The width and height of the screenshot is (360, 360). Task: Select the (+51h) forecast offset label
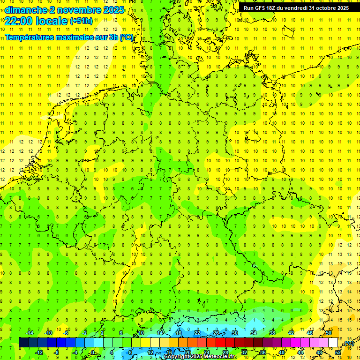tap(81, 21)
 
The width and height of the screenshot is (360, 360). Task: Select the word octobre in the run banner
tap(321, 8)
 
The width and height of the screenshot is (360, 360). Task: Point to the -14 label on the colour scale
tap(30, 333)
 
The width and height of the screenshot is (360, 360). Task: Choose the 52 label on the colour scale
tap(338, 352)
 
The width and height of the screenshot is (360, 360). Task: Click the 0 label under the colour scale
tap(93, 352)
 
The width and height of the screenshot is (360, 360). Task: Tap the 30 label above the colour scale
tap(234, 333)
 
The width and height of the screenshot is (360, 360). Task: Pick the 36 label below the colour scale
tap(262, 352)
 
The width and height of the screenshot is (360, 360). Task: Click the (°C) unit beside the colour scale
tap(348, 343)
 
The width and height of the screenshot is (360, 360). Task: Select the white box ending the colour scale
tap(333, 342)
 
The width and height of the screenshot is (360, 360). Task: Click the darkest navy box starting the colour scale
tap(23, 342)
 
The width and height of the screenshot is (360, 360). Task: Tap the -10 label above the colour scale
tap(48, 333)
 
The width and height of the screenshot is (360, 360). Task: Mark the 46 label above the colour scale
tap(309, 333)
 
